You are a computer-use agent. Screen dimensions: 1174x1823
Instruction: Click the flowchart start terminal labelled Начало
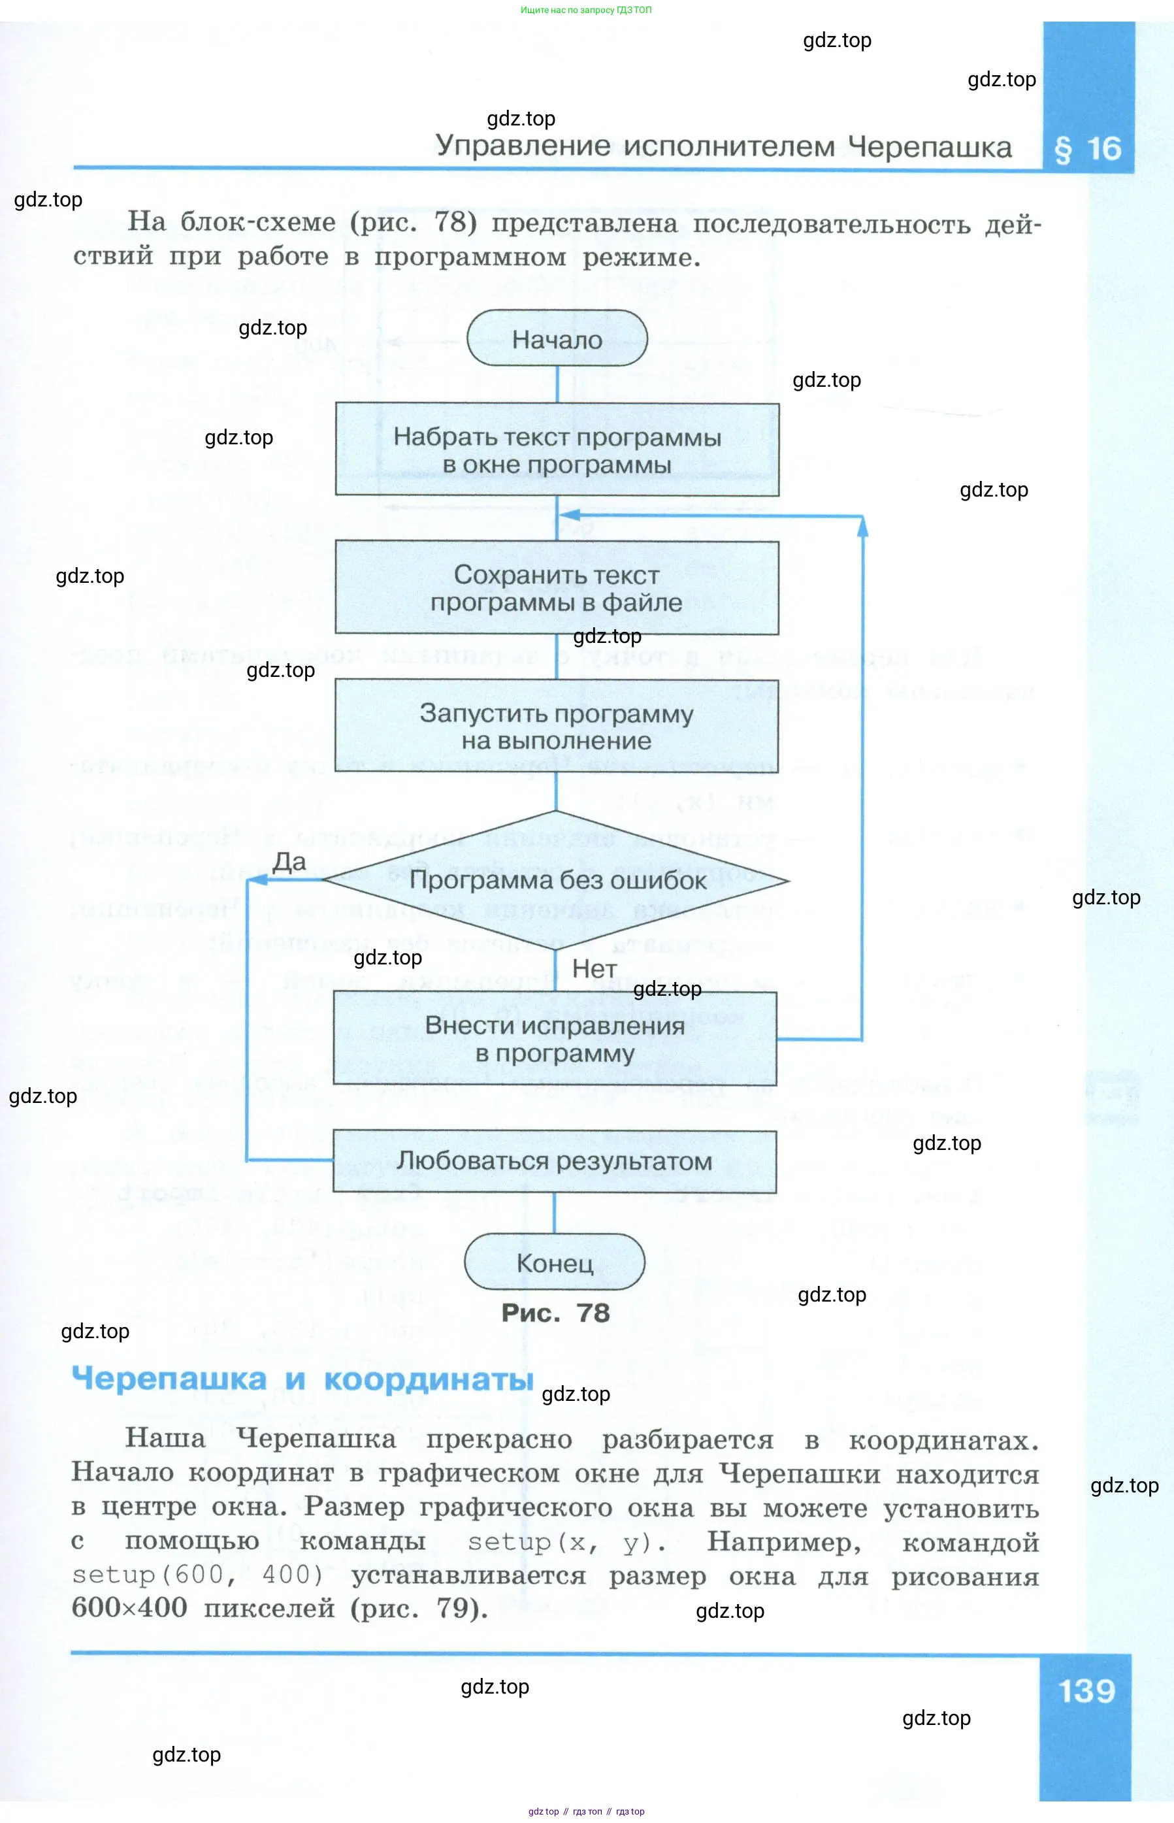point(557,338)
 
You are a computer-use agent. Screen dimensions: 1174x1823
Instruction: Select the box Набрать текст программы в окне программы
point(557,450)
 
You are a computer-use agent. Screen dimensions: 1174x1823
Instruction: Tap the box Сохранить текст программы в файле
point(557,588)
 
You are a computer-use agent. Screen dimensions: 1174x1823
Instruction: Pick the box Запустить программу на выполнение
point(557,726)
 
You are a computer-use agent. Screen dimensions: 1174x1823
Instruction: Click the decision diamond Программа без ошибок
point(556,880)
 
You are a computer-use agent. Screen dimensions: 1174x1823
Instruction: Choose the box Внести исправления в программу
point(555,1038)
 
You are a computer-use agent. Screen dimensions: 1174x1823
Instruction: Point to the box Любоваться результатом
point(554,1161)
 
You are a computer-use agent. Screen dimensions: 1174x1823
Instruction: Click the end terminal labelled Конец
point(555,1262)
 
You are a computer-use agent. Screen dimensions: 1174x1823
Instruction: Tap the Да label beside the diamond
point(289,862)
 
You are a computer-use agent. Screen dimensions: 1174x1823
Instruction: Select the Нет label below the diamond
point(595,969)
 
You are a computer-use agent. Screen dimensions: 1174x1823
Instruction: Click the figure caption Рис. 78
point(556,1313)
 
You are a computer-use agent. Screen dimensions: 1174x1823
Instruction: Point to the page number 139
point(1087,1691)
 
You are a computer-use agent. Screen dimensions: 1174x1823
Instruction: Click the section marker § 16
point(1088,150)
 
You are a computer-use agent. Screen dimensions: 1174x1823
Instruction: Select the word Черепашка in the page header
point(930,146)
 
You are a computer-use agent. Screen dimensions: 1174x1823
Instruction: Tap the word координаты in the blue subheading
point(429,1380)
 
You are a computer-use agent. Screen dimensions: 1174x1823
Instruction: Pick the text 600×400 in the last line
point(129,1607)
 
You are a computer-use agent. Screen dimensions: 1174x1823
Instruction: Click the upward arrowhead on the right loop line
point(862,526)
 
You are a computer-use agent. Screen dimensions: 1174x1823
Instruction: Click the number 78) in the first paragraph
point(456,222)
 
